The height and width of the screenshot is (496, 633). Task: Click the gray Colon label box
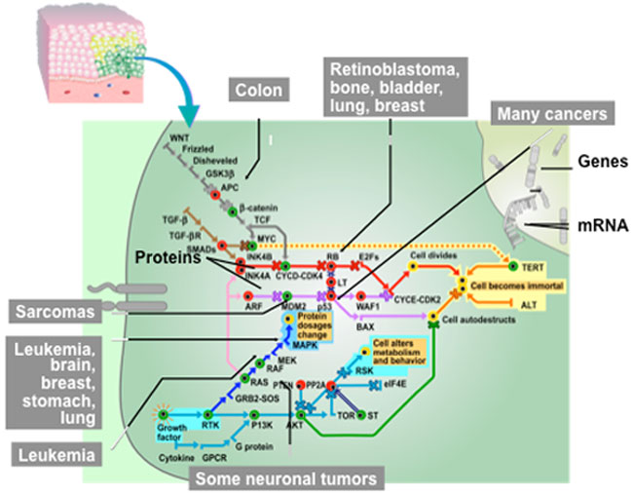257,92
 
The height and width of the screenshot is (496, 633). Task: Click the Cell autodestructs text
484,320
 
